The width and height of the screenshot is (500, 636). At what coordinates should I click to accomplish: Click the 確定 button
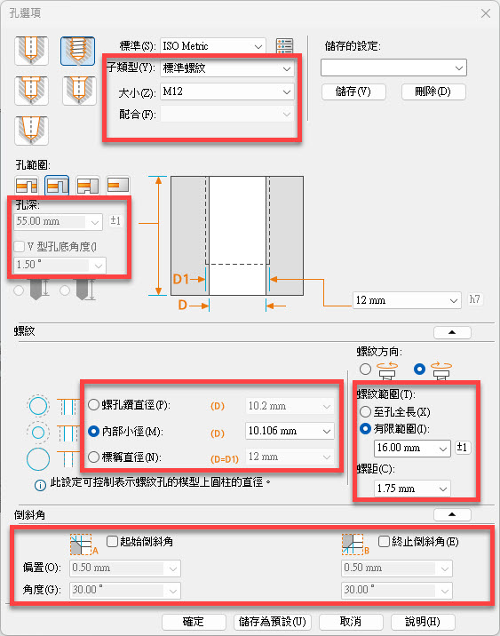(194, 622)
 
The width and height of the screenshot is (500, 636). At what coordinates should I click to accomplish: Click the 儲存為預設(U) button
(272, 622)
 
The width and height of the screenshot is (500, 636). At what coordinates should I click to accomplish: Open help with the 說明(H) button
(423, 622)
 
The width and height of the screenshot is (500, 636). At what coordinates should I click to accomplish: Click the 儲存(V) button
(353, 91)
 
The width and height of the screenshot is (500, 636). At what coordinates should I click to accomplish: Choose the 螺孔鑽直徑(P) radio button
(93, 404)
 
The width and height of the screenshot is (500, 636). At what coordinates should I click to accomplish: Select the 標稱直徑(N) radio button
(93, 457)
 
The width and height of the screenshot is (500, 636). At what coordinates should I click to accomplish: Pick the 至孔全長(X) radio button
(365, 411)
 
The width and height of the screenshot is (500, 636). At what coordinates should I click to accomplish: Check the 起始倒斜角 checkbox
(112, 541)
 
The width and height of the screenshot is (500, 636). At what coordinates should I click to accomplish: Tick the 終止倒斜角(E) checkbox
(384, 541)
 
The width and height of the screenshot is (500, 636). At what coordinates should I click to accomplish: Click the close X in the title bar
(486, 13)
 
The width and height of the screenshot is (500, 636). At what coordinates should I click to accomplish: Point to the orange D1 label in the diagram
(181, 279)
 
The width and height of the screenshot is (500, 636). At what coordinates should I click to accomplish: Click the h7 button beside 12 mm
(475, 299)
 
